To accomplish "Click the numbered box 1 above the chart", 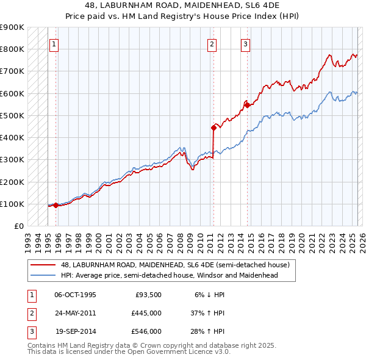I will click(54, 44).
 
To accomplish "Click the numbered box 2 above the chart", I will click(211, 44).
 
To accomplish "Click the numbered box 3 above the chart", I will click(245, 44).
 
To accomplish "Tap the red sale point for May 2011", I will click(214, 128).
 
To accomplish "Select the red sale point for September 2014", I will click(247, 105).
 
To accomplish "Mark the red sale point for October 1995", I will click(56, 205).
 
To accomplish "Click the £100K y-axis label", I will click(12, 204).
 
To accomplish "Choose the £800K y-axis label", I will click(12, 49).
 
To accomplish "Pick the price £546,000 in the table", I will click(146, 331).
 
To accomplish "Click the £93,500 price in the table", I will click(148, 295).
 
